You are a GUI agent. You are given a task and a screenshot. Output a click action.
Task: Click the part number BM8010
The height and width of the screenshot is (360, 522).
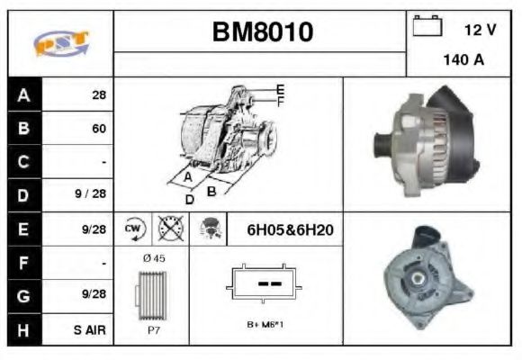[262, 33]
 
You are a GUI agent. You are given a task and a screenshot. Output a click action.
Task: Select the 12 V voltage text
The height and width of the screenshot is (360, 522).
[480, 30]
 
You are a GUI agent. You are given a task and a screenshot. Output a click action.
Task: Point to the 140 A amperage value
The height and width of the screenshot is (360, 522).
[463, 61]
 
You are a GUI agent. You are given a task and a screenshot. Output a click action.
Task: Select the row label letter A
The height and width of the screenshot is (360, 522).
[23, 94]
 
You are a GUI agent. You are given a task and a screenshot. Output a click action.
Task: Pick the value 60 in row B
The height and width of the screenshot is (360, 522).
[98, 128]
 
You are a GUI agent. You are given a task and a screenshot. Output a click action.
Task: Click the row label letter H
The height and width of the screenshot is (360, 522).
[23, 329]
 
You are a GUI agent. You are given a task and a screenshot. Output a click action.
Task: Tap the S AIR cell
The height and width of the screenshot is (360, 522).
[91, 329]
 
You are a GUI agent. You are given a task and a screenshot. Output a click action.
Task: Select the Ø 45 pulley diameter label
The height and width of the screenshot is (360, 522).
[154, 258]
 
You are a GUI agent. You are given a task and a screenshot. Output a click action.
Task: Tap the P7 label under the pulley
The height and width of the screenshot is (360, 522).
[153, 331]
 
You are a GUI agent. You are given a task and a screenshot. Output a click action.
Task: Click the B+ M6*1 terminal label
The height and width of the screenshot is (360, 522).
[265, 325]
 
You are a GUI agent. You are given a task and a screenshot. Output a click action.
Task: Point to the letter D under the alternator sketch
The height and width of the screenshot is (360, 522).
[190, 199]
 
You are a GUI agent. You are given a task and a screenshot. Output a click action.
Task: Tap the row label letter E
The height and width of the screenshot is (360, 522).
[23, 229]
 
